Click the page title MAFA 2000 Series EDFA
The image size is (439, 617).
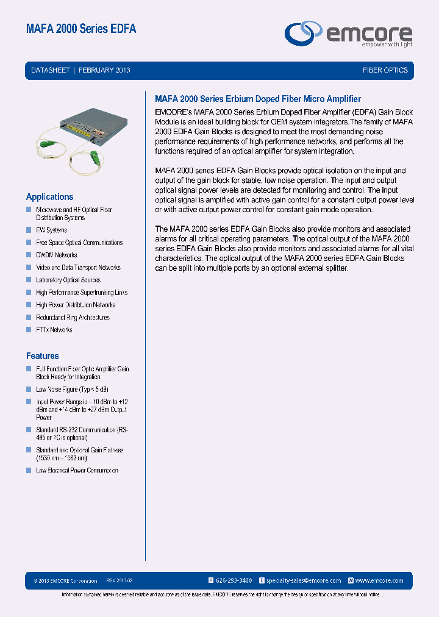click(x=81, y=29)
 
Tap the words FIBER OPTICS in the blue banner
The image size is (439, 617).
click(x=385, y=70)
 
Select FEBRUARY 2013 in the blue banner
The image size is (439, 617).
click(x=104, y=70)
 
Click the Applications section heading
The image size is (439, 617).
click(x=49, y=197)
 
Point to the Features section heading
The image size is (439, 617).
click(x=42, y=356)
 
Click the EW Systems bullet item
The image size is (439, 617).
click(x=51, y=230)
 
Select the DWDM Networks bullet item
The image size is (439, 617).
click(x=57, y=255)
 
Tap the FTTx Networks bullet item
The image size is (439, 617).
click(x=54, y=330)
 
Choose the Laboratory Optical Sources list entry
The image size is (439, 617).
click(x=68, y=280)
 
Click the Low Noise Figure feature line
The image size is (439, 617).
click(x=72, y=389)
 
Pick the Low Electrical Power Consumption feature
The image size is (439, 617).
click(x=77, y=471)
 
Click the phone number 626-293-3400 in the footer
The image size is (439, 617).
click(x=234, y=580)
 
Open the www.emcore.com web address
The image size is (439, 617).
click(x=379, y=580)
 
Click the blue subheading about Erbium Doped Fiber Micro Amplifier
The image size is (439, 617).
click(x=258, y=99)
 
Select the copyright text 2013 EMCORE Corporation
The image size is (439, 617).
click(x=65, y=581)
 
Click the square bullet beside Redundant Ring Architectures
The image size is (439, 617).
click(x=28, y=317)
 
